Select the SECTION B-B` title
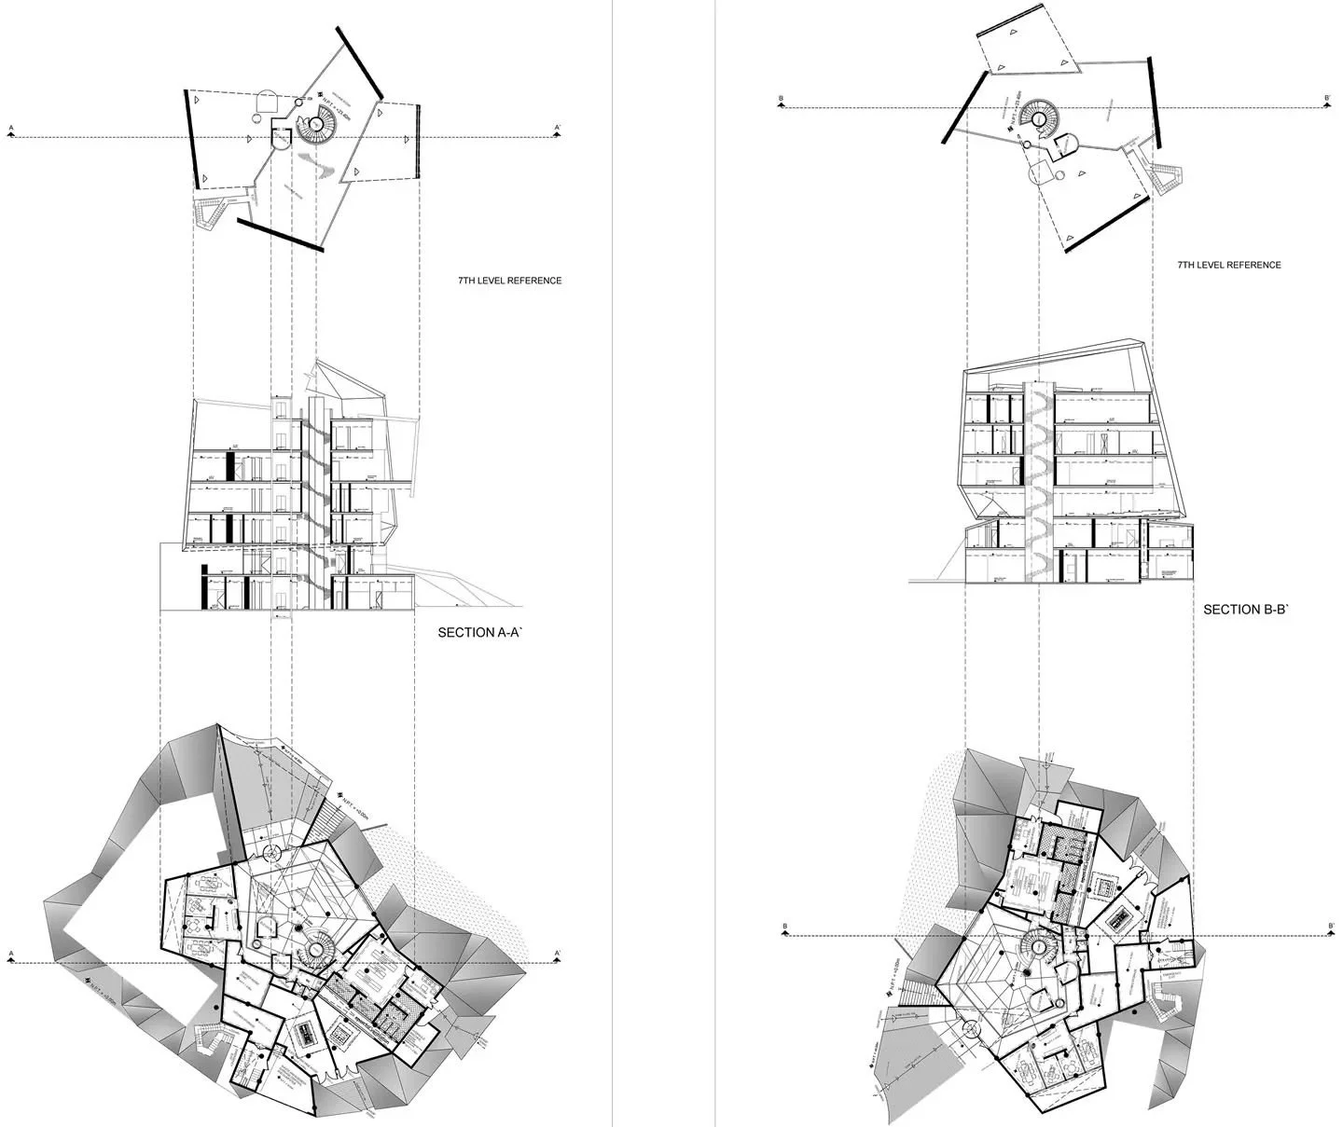click(1246, 610)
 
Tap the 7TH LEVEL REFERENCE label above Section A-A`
click(510, 281)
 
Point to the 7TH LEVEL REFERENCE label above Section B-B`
click(1229, 265)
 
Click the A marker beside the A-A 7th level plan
click(11, 129)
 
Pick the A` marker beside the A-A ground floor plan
click(558, 954)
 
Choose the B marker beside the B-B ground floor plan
click(785, 927)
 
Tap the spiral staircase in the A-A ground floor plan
click(316, 950)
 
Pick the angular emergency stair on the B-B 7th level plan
click(1166, 177)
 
